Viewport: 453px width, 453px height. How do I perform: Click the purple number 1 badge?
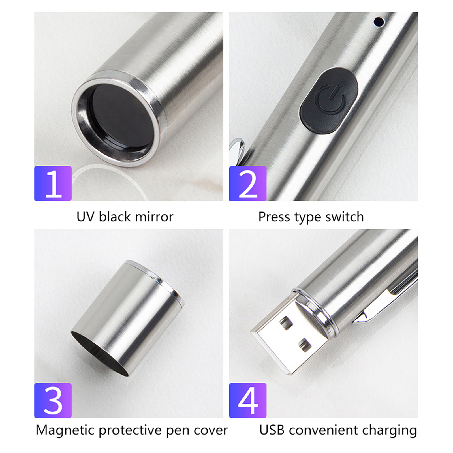[53, 183]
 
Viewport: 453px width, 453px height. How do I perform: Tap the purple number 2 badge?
[248, 183]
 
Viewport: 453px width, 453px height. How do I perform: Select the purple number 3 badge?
[53, 400]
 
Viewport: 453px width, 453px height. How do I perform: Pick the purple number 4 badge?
[248, 400]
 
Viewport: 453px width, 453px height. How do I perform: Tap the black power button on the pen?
[329, 101]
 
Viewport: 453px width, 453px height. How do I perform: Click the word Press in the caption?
[274, 217]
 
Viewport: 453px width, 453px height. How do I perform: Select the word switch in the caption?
[344, 217]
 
